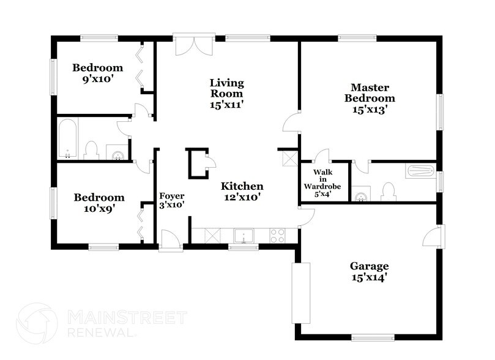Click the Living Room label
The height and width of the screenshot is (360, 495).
(x=226, y=93)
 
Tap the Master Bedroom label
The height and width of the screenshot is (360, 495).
(x=369, y=98)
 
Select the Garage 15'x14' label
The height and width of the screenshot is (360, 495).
(x=369, y=271)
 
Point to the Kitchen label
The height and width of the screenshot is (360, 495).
(x=242, y=192)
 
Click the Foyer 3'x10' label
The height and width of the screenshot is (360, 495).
(x=172, y=201)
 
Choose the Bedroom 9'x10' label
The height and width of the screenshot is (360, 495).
(x=97, y=73)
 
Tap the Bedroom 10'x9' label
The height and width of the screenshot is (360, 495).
(x=99, y=203)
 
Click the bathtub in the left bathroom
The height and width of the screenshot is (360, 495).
(x=67, y=139)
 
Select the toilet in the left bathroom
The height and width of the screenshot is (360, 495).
(x=92, y=150)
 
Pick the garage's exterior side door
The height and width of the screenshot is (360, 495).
(x=436, y=235)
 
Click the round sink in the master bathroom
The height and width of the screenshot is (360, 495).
(x=361, y=196)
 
